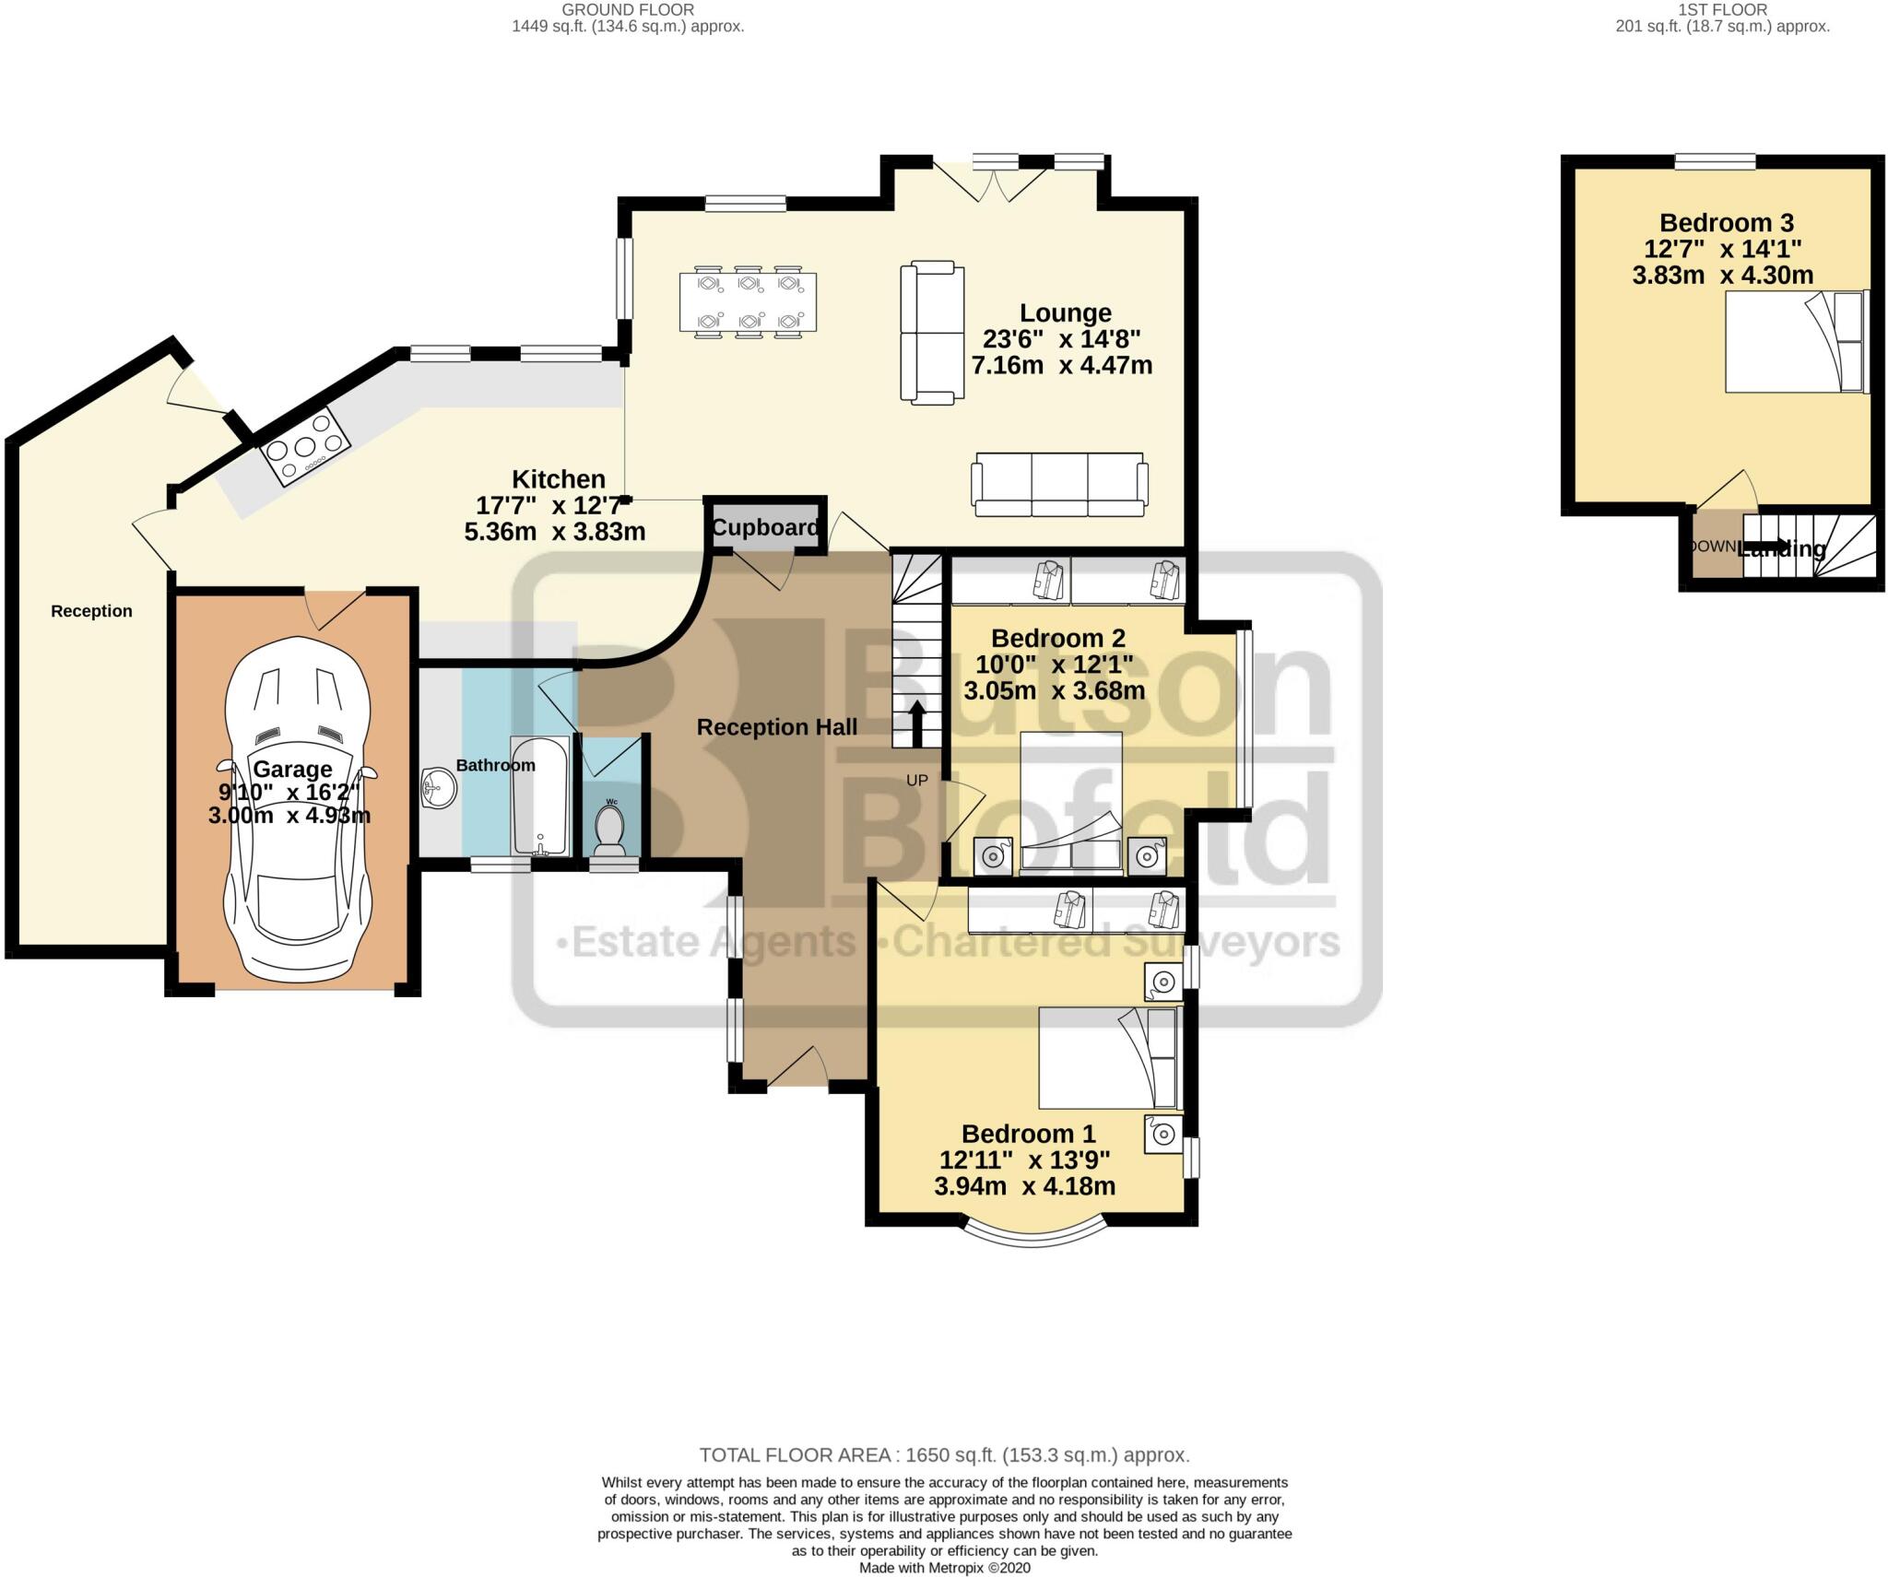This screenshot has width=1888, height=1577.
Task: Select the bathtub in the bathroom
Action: click(540, 794)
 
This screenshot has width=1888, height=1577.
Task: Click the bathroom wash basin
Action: click(440, 789)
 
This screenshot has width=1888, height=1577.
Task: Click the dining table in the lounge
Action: click(748, 301)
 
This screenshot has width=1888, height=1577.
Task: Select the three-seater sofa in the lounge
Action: click(1060, 484)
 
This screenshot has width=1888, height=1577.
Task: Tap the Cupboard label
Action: click(765, 528)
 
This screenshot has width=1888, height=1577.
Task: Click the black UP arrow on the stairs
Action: click(917, 724)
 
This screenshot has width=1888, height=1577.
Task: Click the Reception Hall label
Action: click(776, 727)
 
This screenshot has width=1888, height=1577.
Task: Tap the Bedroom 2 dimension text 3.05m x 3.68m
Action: click(1054, 690)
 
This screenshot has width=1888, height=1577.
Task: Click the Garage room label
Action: click(292, 769)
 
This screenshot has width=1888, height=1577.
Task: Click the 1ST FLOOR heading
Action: click(1722, 10)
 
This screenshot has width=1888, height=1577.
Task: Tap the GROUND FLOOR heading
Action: click(628, 10)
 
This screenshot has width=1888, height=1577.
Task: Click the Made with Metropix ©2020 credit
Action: click(944, 1568)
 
